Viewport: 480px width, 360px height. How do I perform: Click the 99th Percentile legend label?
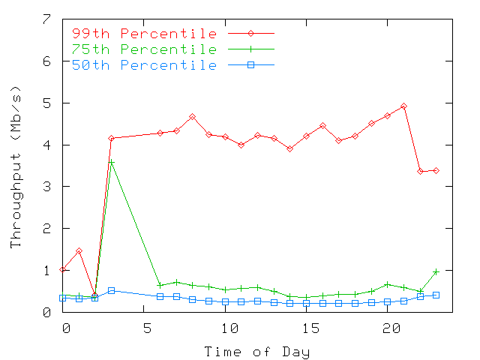pos(144,34)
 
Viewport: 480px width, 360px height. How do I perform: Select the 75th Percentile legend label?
pos(144,49)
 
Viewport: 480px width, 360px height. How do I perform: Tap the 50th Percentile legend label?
pos(144,65)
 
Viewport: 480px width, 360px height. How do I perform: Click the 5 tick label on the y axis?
pos(47,103)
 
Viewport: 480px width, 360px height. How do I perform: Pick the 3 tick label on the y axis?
pos(47,187)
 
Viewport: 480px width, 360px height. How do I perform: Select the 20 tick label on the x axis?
pos(388,328)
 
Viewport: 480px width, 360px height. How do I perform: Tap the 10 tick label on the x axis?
pos(226,328)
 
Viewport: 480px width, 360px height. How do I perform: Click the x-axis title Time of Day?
pos(257,351)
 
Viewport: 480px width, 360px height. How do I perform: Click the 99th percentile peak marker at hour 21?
pos(403,106)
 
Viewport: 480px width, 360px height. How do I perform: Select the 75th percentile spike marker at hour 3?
pos(111,162)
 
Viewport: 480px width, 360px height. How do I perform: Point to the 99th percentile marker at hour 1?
pos(79,251)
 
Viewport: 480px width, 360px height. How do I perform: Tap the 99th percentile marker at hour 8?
pos(193,117)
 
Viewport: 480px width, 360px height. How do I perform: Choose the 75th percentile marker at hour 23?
pos(436,271)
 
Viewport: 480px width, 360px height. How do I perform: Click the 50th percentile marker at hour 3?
pos(111,290)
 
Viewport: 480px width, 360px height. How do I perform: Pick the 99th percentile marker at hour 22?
pos(420,172)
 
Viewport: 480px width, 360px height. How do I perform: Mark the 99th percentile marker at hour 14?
pos(289,148)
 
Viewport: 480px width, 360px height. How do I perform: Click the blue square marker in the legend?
pos(252,65)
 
